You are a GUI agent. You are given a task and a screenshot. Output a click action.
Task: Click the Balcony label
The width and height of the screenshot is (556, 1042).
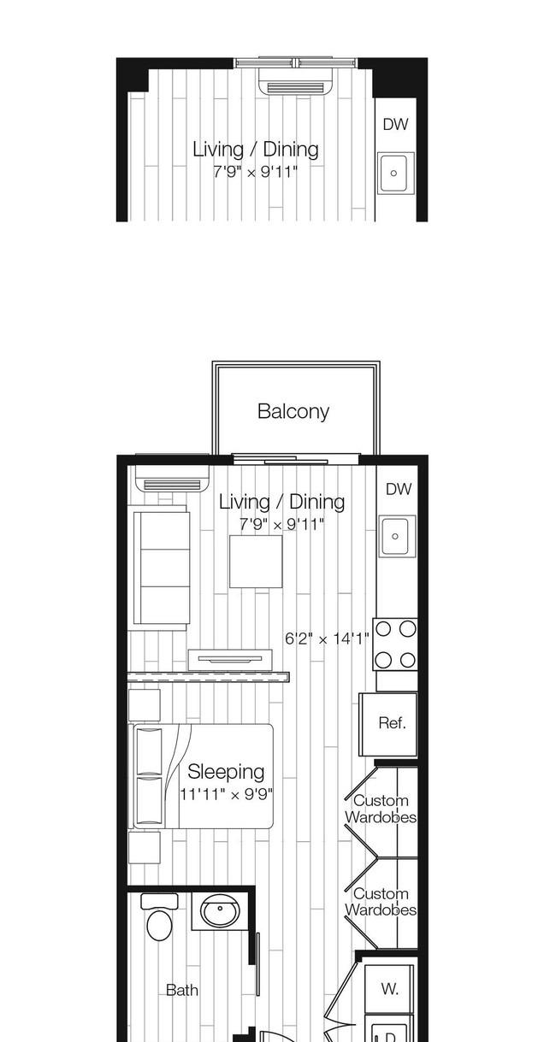[293, 411]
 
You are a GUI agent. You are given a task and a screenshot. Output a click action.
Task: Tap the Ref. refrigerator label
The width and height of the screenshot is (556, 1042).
[392, 723]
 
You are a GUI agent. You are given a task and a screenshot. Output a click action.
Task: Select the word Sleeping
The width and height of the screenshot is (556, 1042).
[226, 772]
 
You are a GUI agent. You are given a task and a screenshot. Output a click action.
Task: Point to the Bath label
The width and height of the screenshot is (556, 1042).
[182, 990]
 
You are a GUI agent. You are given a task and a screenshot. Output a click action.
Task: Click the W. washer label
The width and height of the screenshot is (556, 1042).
[389, 988]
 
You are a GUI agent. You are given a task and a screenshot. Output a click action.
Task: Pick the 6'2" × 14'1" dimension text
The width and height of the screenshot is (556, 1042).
[327, 639]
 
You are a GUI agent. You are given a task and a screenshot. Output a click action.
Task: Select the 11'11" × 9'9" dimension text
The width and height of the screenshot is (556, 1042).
[227, 794]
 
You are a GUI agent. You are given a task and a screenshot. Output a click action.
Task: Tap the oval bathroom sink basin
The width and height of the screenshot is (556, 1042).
[220, 910]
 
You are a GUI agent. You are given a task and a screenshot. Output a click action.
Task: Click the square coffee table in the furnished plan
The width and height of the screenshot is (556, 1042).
[256, 562]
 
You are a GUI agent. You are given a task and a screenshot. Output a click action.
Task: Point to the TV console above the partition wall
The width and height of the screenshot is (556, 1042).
[230, 660]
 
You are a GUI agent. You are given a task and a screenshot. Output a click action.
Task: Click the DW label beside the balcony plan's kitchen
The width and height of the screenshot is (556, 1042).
[399, 489]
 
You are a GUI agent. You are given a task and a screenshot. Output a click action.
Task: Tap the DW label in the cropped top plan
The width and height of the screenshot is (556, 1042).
[395, 125]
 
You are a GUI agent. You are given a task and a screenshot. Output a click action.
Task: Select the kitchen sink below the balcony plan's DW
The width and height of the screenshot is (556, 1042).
[397, 536]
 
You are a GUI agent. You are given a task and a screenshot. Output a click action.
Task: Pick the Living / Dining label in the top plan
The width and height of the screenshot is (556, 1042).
[256, 150]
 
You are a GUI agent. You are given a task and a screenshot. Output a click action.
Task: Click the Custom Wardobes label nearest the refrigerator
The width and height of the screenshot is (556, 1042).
[381, 809]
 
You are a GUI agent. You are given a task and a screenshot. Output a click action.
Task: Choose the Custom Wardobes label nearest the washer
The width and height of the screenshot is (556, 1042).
[381, 902]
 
